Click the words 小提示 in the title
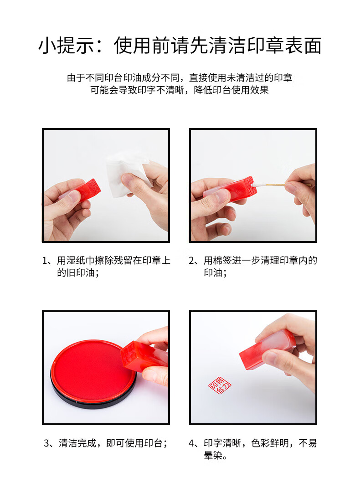click(67, 45)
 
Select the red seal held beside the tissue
click(82, 190)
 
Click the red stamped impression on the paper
click(220, 385)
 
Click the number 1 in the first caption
click(45, 261)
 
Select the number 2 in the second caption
click(191, 261)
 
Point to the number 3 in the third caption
click(46, 443)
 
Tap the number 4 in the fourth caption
click(191, 443)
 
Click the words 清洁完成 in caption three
click(77, 443)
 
